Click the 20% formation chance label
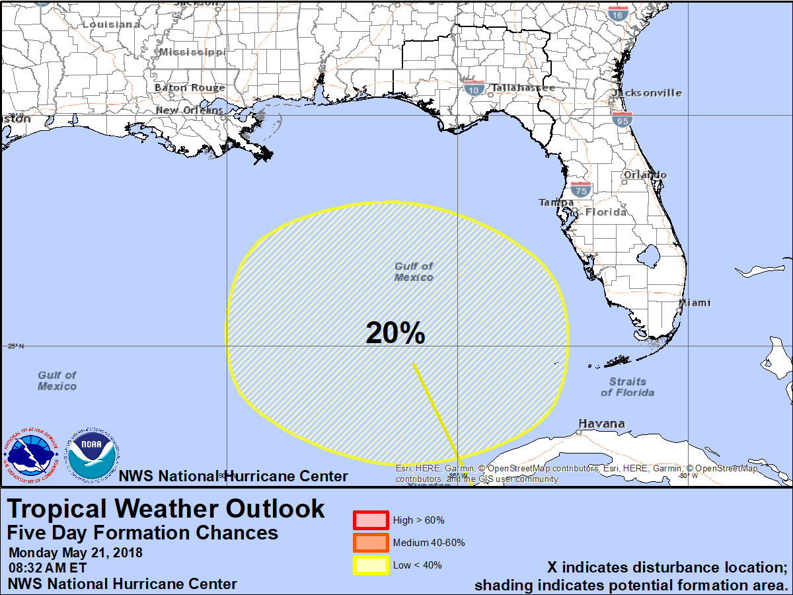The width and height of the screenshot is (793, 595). [395, 333]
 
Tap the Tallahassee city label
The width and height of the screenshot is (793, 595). [523, 87]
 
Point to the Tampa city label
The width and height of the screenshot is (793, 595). [556, 202]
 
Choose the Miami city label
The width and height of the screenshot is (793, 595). [696, 303]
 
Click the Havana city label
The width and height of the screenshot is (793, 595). [601, 424]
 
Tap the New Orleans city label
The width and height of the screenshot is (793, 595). [190, 110]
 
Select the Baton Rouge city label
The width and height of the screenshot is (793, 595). [190, 87]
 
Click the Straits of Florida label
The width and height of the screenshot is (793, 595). [628, 387]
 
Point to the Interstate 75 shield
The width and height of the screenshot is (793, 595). [581, 190]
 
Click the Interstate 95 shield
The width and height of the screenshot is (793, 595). [622, 119]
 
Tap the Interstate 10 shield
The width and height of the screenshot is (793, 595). [473, 89]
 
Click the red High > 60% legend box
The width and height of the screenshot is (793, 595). [370, 520]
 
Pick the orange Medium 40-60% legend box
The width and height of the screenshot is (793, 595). [370, 543]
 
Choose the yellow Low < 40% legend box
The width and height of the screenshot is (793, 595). [370, 565]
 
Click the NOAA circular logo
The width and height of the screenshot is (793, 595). [93, 455]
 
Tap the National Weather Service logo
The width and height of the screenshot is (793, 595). [30, 455]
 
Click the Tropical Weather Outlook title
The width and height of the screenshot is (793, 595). [166, 508]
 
